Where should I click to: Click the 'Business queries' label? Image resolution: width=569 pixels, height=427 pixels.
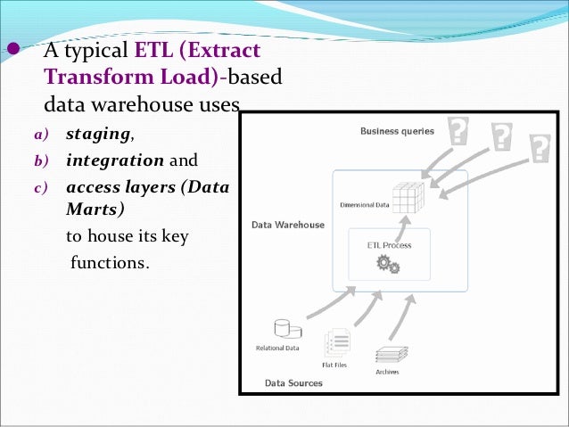point(397,131)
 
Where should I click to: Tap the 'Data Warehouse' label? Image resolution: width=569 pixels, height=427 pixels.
point(288,225)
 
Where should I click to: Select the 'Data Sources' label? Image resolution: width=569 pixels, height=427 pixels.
point(293,383)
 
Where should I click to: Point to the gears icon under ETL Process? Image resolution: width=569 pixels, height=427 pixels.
point(388,264)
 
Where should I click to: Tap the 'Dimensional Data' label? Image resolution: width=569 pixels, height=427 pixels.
point(365,204)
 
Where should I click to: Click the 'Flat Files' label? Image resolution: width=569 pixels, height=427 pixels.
point(334,364)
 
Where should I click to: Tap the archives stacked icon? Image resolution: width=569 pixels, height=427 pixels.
point(391,353)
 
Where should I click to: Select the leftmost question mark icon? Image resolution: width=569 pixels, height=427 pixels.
point(458,132)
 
